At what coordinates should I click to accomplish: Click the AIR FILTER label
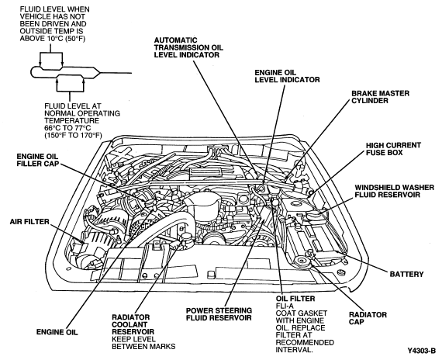(29, 222)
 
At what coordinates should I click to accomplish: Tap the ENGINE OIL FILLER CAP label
(37, 160)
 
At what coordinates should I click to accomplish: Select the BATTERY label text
(406, 274)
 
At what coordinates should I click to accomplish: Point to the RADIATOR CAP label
(368, 318)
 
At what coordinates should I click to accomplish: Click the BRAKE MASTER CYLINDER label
(380, 97)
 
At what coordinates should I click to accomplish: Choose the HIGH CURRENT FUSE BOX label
(393, 149)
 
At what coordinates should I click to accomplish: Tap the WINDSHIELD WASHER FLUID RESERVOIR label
(395, 191)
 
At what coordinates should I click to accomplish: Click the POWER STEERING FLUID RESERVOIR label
(219, 314)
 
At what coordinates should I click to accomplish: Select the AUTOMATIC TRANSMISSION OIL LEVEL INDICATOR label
(188, 47)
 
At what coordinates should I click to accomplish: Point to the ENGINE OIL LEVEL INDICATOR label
(287, 76)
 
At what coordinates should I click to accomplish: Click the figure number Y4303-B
(422, 351)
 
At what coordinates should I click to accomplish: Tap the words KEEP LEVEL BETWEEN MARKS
(143, 342)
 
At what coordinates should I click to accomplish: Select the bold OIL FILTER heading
(295, 299)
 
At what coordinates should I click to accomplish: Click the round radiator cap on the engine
(302, 261)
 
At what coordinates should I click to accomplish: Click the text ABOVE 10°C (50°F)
(53, 39)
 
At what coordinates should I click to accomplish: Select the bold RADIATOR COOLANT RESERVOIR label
(133, 324)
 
